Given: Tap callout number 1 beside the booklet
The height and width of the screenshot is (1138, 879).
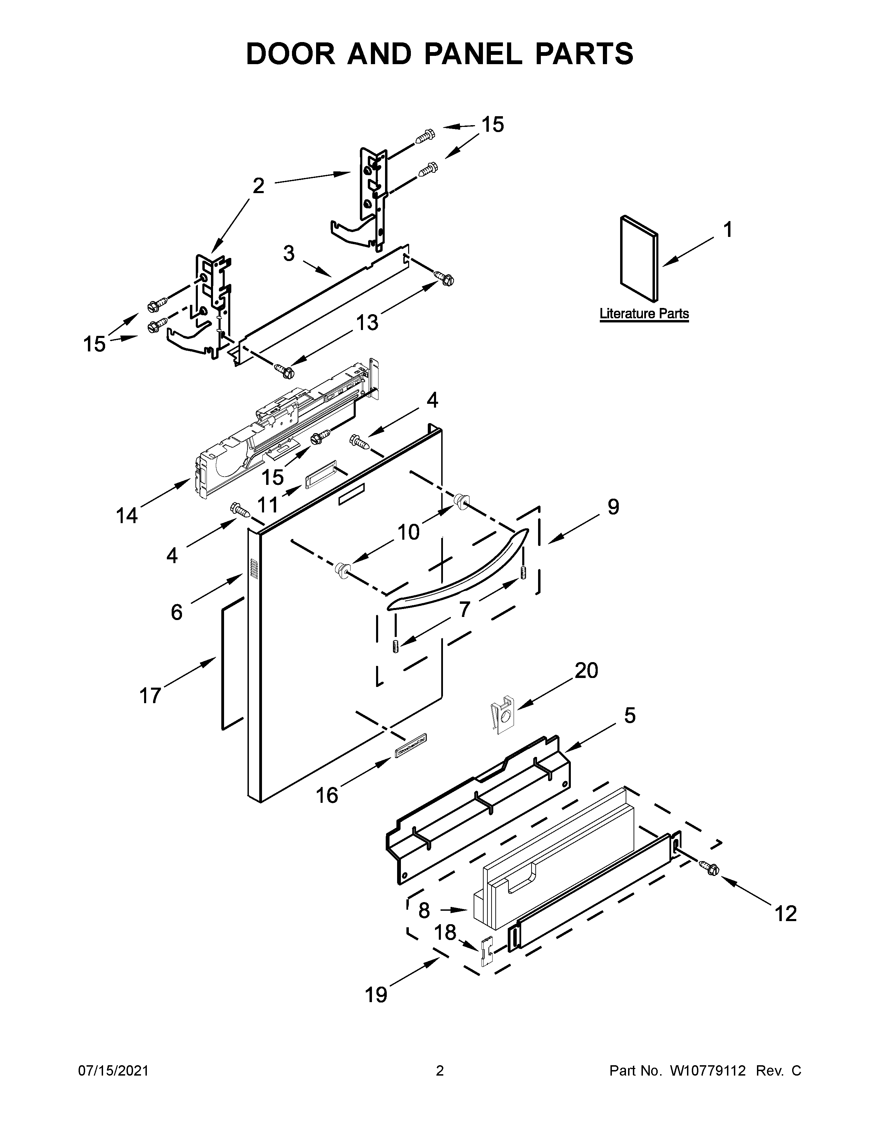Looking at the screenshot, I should pyautogui.click(x=728, y=230).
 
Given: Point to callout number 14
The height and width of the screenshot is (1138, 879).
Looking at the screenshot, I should pyautogui.click(x=127, y=516).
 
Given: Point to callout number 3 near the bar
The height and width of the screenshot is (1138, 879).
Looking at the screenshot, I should pyautogui.click(x=289, y=254).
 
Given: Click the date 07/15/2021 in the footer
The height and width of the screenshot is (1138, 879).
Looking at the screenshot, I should pyautogui.click(x=113, y=1085).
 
